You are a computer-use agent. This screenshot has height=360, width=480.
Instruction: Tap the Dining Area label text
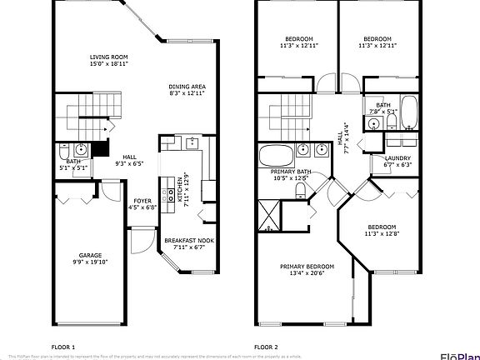pyautogui.click(x=187, y=86)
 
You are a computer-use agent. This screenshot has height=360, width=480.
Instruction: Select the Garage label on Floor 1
pyautogui.click(x=90, y=255)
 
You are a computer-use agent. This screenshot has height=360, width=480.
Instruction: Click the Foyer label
pyautogui.click(x=142, y=200)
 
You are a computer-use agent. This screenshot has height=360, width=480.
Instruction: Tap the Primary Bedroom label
pyautogui.click(x=301, y=267)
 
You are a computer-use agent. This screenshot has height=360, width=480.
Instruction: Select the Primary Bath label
pyautogui.click(x=277, y=171)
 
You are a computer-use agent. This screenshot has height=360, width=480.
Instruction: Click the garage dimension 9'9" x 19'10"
pyautogui.click(x=90, y=262)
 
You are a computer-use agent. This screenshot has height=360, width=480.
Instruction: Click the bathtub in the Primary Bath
pyautogui.click(x=276, y=154)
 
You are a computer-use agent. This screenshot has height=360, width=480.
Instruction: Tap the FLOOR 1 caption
pyautogui.click(x=63, y=346)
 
